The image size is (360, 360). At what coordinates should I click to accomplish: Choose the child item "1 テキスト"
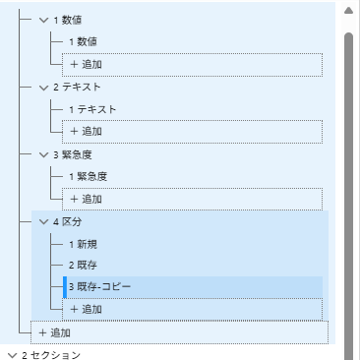coord(92,108)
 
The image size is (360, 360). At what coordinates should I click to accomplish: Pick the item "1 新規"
coord(83,243)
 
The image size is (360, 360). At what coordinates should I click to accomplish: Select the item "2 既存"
coord(83,265)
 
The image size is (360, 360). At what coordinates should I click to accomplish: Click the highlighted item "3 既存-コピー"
coord(99,286)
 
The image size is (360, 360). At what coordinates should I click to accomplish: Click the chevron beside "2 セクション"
coord(11,354)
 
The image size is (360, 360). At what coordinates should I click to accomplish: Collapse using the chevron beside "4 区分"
coord(43,221)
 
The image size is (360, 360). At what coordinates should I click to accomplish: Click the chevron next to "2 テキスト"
coord(43,87)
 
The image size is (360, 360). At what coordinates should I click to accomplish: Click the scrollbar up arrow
coord(347,12)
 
